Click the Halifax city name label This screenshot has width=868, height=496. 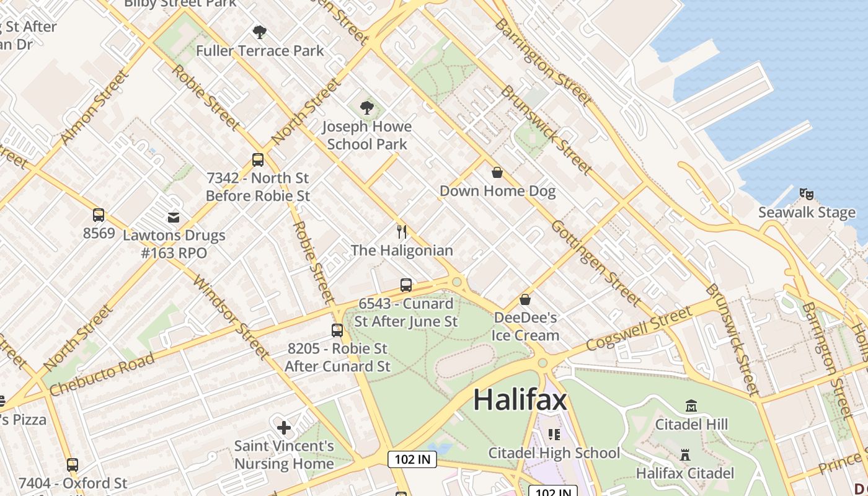[520, 400]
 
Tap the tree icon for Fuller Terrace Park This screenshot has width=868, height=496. [260, 32]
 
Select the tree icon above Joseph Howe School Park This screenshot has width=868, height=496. [367, 108]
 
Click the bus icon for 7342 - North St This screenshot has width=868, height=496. [258, 160]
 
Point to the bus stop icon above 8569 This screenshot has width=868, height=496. [99, 215]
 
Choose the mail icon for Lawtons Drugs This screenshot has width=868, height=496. [174, 217]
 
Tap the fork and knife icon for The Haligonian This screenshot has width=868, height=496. [402, 232]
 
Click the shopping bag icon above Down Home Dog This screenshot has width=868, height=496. [497, 172]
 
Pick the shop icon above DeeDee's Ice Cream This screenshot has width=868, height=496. [525, 299]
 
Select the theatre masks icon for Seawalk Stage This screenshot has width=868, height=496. [807, 194]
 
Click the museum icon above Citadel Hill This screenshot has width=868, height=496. [691, 406]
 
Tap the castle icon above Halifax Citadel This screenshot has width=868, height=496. [685, 455]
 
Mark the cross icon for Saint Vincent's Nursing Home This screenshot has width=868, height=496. [284, 427]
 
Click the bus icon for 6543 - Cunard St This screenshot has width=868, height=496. [406, 285]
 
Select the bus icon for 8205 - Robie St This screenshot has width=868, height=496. [337, 330]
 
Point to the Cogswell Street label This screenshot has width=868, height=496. [638, 329]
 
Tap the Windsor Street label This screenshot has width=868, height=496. [231, 316]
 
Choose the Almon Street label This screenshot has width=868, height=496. [94, 108]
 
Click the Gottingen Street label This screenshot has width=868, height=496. [595, 263]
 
